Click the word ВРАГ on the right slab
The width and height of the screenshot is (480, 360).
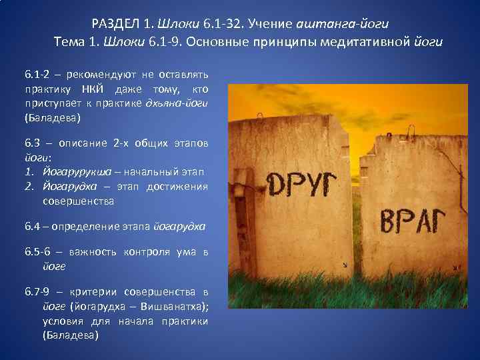[412, 221]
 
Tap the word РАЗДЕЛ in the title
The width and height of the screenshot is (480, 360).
[115, 24]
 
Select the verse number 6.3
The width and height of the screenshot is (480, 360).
[33, 143]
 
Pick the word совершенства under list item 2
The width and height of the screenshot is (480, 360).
[79, 201]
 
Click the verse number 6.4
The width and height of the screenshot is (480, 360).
[33, 227]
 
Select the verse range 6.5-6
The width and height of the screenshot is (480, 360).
[38, 251]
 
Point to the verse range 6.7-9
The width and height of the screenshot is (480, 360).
[38, 292]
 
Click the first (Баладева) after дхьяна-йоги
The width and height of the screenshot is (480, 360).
[52, 118]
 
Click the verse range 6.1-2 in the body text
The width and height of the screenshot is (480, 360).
[37, 73]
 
